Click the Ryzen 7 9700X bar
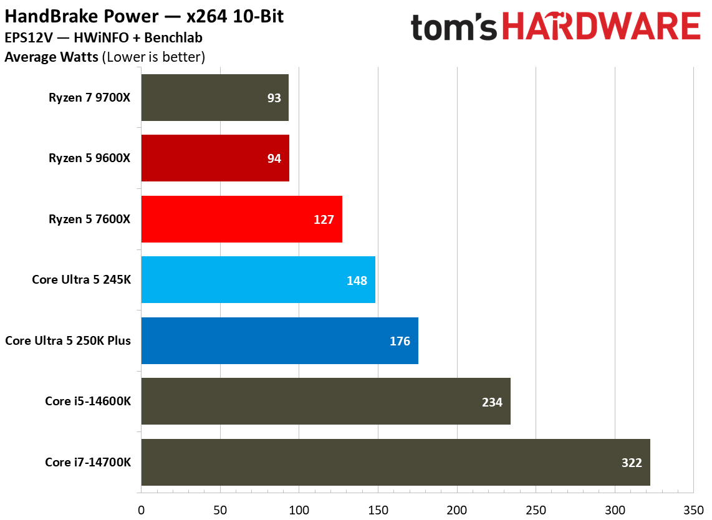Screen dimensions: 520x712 tap(215, 97)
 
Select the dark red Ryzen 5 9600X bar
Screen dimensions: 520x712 tap(215, 158)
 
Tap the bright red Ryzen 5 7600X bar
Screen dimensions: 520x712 tap(242, 219)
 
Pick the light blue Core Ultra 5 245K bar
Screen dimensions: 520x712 tap(258, 279)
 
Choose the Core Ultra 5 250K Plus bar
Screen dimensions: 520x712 tap(279, 340)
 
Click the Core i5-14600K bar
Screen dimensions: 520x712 tap(325, 401)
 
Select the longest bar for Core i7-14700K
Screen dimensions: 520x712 tap(395, 462)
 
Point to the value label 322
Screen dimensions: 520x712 tap(631, 463)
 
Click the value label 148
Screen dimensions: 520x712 tap(357, 281)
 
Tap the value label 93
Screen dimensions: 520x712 tap(274, 98)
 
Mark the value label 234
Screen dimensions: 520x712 tap(492, 402)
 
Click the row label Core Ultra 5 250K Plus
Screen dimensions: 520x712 tap(68, 340)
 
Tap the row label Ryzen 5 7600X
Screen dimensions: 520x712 tap(89, 219)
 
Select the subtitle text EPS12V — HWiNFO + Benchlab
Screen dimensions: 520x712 tap(103, 38)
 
